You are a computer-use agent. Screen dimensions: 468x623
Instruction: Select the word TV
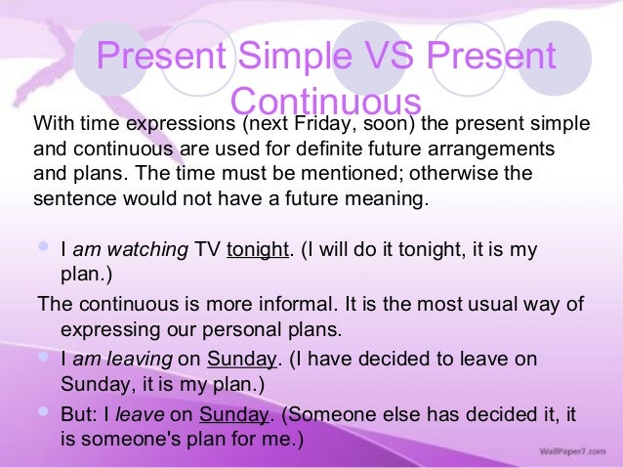pos(207,249)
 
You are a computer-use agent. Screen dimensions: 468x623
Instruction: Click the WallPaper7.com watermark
pos(568,454)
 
